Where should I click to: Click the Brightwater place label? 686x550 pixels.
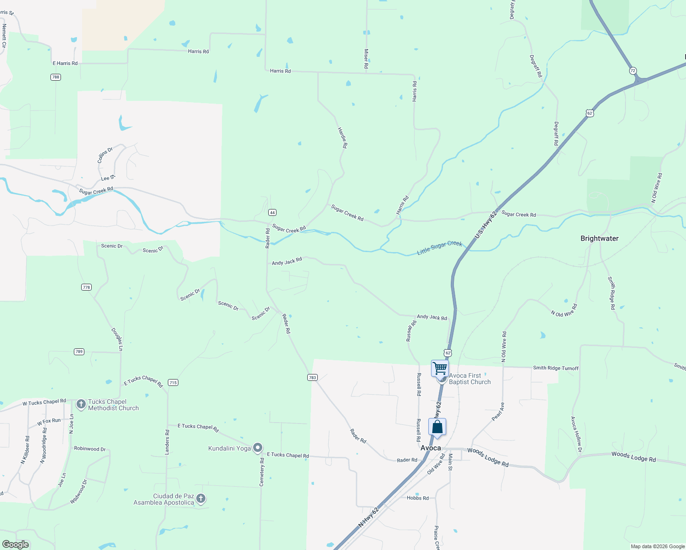(x=599, y=238)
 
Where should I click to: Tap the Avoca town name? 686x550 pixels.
(x=431, y=448)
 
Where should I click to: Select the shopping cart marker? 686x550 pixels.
(x=440, y=368)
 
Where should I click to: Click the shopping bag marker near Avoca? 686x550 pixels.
(x=437, y=427)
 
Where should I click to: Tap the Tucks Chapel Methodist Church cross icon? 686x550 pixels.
(x=81, y=404)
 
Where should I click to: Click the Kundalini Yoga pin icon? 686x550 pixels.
(x=258, y=448)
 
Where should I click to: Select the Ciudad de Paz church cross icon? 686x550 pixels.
(x=200, y=499)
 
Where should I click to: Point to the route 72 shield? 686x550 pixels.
(x=633, y=71)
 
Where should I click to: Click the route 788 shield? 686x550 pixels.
(x=55, y=77)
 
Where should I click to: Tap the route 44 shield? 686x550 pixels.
(x=272, y=213)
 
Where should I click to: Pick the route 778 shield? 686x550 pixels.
(x=86, y=287)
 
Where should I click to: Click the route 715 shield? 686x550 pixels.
(x=173, y=383)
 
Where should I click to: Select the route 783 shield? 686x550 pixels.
(x=312, y=378)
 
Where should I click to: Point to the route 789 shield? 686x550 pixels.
(x=79, y=352)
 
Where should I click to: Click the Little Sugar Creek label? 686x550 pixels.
(x=439, y=247)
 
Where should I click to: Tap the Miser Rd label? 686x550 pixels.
(x=366, y=59)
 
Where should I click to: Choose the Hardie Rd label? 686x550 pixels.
(x=343, y=137)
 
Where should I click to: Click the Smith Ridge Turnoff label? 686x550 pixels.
(x=555, y=368)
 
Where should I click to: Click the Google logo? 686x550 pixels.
(x=15, y=544)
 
